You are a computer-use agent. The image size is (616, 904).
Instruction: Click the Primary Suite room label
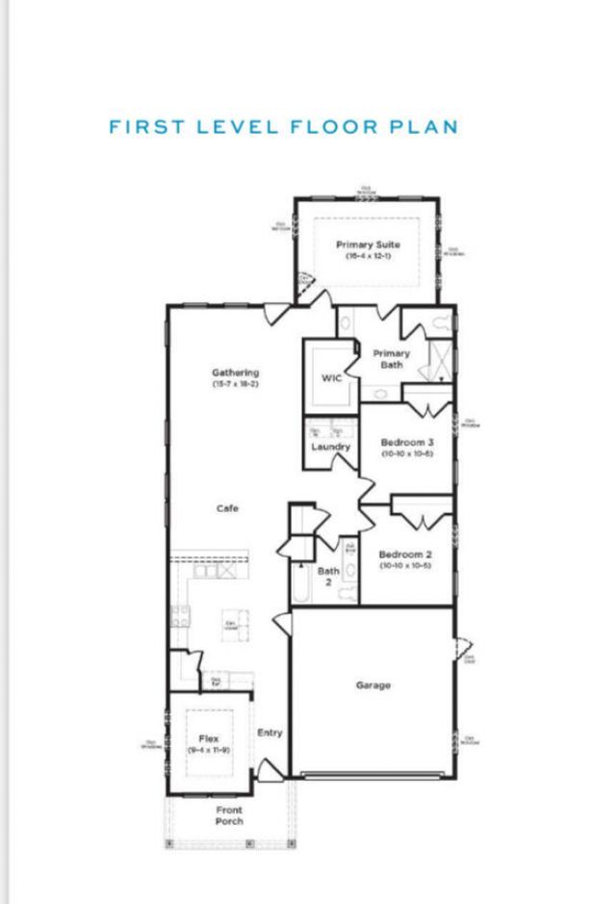(368, 245)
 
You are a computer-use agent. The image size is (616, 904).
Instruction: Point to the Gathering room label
(236, 373)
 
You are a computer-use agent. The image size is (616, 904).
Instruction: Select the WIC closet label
(331, 377)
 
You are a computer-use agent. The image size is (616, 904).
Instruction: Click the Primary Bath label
(392, 359)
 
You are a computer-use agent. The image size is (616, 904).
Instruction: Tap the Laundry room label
(331, 447)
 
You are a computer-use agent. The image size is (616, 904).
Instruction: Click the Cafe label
(227, 508)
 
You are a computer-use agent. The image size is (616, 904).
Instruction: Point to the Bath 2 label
(328, 577)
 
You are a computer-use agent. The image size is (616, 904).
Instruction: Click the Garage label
(373, 685)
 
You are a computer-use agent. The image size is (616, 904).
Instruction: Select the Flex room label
(209, 738)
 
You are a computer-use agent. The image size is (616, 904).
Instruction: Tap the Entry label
(270, 733)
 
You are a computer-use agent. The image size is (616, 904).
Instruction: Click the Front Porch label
(229, 815)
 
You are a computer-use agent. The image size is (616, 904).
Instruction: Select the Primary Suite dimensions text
(368, 256)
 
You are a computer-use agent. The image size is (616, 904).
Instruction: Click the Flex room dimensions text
(209, 750)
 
